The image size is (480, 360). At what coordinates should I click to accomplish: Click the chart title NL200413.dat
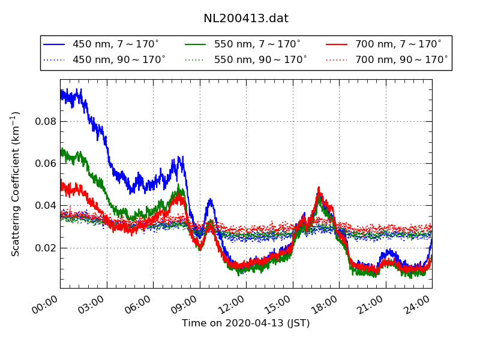tap(246, 19)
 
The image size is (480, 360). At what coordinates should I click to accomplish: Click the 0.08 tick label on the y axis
tap(46, 121)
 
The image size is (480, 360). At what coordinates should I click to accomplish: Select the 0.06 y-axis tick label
tap(46, 163)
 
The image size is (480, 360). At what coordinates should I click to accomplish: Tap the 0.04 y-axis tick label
tap(46, 206)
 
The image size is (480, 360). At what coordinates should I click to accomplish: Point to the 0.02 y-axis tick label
tap(46, 248)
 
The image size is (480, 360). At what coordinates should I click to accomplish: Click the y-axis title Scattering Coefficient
tap(16, 184)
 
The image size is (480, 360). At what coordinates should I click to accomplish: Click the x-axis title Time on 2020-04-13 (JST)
tap(246, 323)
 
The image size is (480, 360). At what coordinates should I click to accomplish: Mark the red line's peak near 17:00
tap(319, 188)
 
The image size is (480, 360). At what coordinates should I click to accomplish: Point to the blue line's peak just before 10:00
tap(210, 200)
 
